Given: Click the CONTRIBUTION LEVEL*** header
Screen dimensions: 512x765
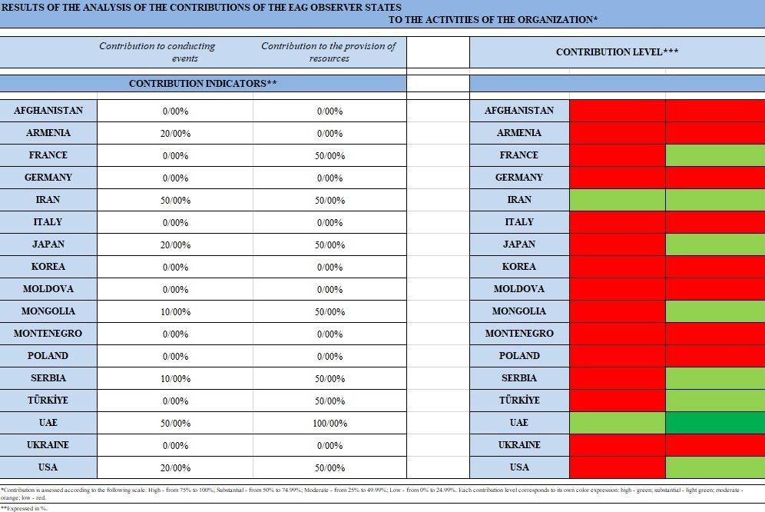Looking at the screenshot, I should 617,52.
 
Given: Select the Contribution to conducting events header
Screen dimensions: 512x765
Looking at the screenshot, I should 157,52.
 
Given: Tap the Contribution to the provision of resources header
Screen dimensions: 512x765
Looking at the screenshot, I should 329,52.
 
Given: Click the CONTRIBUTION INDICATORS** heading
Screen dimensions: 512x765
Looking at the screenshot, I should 203,83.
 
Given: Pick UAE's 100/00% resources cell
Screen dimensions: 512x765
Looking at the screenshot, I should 330,424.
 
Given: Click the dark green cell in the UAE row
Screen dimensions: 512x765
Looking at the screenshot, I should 714,423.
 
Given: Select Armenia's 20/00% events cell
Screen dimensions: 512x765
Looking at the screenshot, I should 176,134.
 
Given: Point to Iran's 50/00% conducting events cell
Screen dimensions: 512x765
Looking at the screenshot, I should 176,201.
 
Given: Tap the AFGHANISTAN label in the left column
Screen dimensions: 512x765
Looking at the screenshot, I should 48,111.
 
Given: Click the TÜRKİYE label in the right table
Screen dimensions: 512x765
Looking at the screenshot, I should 518,401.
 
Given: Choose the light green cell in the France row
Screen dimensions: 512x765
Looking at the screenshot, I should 714,155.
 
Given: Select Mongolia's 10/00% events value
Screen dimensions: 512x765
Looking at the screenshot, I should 176,312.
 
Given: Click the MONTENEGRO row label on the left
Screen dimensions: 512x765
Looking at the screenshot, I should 48,334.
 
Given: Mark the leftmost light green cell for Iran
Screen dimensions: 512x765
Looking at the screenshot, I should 617,200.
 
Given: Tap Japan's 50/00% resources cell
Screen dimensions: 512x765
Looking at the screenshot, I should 330,245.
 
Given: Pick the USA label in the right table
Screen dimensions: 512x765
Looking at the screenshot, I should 518,467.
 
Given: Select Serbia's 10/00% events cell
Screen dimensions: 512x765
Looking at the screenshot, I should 176,379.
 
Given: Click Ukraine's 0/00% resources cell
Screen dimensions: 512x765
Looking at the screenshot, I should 330,446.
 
